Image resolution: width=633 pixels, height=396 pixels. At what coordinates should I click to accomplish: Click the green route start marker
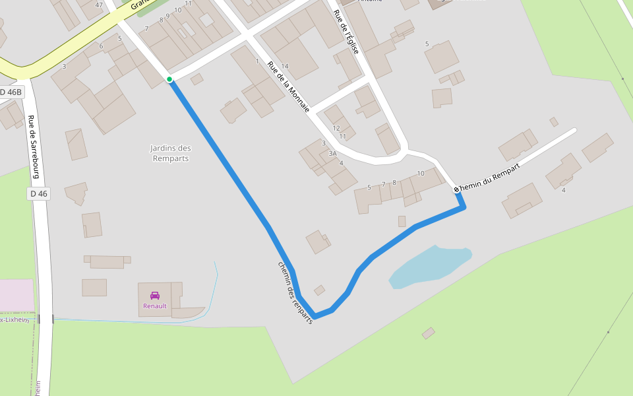[x=169, y=79]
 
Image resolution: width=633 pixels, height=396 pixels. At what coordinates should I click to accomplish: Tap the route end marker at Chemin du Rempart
[x=456, y=189]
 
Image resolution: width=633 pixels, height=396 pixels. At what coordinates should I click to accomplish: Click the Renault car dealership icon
[x=155, y=295]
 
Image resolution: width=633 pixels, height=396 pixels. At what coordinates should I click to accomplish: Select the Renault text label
[x=155, y=306]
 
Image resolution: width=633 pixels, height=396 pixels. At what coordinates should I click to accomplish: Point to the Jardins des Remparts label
[x=171, y=153]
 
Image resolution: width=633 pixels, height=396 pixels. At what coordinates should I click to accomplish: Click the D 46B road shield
[x=11, y=92]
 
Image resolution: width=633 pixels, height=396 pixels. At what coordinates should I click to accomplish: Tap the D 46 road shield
[x=39, y=193]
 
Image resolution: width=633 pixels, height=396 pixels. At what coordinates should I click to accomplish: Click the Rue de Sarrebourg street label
[x=34, y=147]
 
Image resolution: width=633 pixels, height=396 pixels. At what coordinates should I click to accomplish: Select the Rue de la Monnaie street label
[x=288, y=86]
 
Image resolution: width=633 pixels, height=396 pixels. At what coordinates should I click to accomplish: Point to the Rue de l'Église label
[x=346, y=32]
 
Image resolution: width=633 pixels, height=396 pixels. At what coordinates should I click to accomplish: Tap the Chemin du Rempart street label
[x=489, y=177]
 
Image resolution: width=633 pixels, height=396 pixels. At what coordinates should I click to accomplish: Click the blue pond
[x=429, y=266]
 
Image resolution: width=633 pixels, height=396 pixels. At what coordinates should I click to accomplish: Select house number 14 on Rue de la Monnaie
[x=285, y=66]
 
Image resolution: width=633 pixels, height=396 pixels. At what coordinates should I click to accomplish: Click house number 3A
[x=332, y=153]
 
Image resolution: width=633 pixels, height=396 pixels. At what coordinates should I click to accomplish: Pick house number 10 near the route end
[x=421, y=174]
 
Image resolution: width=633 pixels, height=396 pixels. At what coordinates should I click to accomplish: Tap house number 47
[x=99, y=5]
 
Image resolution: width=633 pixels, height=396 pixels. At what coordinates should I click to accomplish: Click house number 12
[x=336, y=128]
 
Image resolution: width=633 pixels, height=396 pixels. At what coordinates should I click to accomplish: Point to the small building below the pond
[x=429, y=333]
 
